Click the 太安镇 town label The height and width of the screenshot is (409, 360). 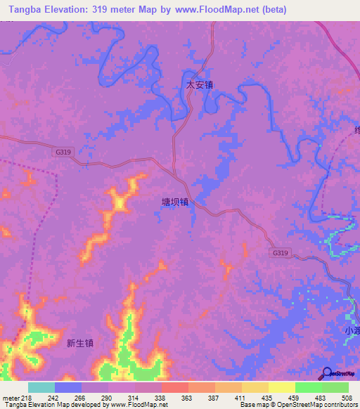click(199, 84)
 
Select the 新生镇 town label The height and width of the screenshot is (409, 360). click(80, 344)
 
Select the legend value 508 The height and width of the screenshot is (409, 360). click(346, 397)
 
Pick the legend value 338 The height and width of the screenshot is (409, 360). click(160, 397)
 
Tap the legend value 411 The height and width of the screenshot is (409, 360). click(240, 397)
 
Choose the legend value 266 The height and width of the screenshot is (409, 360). click(79, 397)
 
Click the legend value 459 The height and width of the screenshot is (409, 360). click(293, 397)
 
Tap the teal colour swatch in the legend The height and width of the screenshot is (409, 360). click(41, 387)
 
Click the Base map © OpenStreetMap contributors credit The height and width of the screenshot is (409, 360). click(297, 405)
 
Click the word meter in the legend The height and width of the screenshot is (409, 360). click(10, 397)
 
